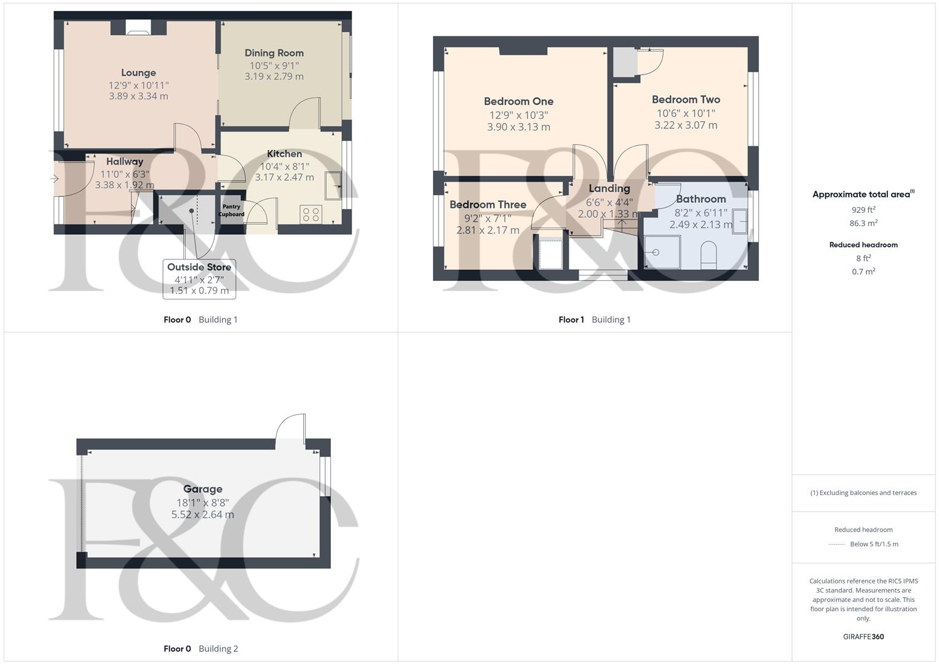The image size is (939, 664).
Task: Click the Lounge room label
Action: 138,73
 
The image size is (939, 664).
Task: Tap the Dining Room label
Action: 274,53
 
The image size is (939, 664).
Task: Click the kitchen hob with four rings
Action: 311,214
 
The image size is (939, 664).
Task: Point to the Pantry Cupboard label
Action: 231,210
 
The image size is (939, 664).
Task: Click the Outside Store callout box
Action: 199,279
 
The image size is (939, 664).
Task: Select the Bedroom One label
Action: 518,101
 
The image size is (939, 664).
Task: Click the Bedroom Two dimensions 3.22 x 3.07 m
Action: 686,125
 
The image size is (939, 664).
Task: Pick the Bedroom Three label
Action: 488,205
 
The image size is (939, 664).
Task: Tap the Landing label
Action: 609,188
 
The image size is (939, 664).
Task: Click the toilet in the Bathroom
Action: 709,254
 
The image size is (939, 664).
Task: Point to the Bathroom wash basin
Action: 740,221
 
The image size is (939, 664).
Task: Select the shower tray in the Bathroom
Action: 662,252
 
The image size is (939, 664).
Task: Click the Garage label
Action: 202,489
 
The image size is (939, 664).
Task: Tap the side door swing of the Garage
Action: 290,429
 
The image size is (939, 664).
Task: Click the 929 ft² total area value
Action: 863,210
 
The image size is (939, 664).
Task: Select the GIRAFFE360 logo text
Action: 863,636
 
